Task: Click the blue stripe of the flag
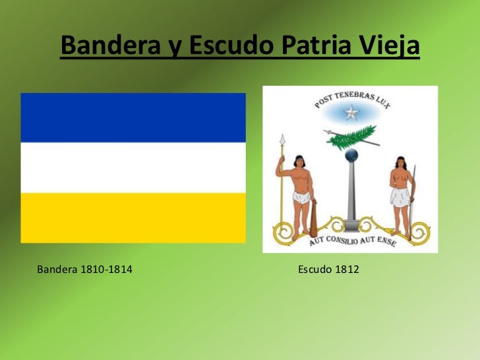[133, 117]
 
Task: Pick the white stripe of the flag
[133, 167]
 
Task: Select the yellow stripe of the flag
[133, 218]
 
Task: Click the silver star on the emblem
[351, 113]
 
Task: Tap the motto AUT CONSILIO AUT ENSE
[351, 242]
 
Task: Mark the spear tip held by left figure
[282, 139]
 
